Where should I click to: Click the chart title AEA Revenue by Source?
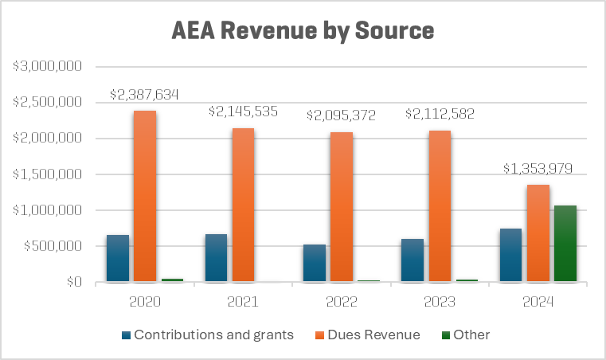pyautogui.click(x=303, y=31)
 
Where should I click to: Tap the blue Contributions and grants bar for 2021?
pyautogui.click(x=215, y=258)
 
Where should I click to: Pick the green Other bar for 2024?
pyautogui.click(x=565, y=244)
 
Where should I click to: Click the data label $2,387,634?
pyautogui.click(x=144, y=95)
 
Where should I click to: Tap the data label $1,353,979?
pyautogui.click(x=537, y=169)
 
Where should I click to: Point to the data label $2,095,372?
pyautogui.click(x=341, y=115)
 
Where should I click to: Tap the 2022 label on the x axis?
pyautogui.click(x=341, y=303)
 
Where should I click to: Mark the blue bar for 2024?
pyautogui.click(x=510, y=255)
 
